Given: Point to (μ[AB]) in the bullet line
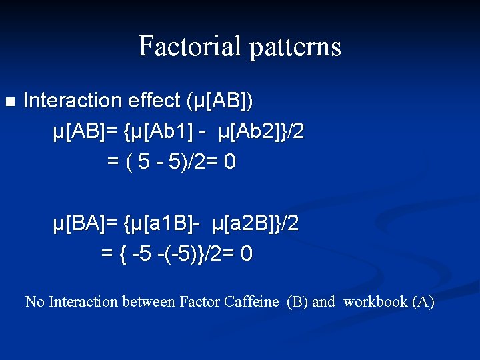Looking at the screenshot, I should (x=220, y=101).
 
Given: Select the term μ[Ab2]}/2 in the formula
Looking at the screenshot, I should (x=260, y=132).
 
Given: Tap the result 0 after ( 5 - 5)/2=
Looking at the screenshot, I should (x=230, y=162).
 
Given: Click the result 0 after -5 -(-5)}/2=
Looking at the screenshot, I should (x=247, y=254).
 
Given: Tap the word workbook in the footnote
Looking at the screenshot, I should (x=375, y=302).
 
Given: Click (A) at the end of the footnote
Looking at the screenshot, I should (x=423, y=302).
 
